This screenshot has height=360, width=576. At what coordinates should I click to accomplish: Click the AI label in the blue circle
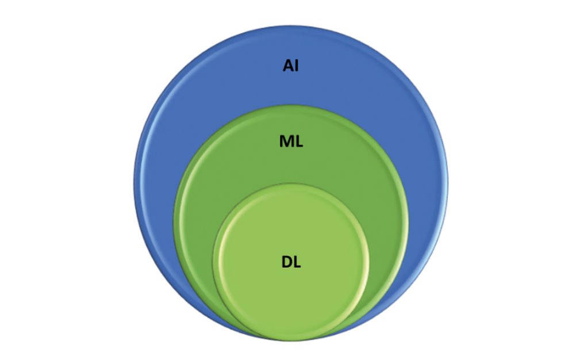290,66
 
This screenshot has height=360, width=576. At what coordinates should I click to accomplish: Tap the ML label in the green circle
291,141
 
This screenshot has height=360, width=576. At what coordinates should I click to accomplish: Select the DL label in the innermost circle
291,262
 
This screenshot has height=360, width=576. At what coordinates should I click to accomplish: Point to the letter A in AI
288,66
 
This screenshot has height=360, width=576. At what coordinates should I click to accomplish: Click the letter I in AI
297,66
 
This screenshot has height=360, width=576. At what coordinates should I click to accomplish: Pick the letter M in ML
286,141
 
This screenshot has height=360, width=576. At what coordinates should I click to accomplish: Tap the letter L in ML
299,141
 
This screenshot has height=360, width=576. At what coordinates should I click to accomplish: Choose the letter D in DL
286,262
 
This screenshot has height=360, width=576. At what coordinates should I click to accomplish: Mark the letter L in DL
297,262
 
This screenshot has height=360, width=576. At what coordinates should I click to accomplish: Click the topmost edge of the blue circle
291,26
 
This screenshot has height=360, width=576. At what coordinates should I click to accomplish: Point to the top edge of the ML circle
291,106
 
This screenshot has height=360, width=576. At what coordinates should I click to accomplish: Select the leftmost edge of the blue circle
135,182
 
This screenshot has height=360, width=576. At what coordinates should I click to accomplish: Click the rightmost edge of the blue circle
447,182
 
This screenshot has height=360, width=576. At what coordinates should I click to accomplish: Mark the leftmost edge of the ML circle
174,223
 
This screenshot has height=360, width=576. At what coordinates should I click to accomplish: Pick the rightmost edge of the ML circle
408,223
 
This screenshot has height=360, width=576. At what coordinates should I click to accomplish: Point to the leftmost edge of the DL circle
213,262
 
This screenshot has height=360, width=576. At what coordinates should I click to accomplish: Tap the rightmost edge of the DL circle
368,262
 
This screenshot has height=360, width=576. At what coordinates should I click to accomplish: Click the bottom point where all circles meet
291,340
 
